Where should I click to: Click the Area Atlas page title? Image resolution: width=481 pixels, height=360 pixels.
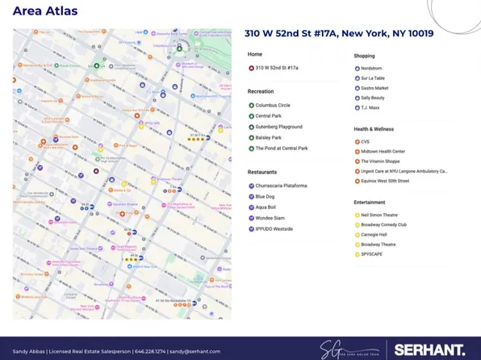coord(45,11)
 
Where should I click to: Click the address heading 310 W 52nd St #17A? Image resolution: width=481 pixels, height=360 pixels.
coord(339,34)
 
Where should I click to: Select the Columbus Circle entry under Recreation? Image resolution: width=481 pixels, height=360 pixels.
coord(273,105)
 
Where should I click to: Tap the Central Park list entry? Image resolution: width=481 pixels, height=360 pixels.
coord(269,116)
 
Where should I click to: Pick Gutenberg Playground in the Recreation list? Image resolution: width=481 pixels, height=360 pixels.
coord(278,127)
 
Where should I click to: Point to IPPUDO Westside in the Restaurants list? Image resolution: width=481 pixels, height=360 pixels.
coord(274,229)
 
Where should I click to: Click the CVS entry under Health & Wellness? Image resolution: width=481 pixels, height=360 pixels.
coord(365,141)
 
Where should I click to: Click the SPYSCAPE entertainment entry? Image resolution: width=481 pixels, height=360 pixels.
coord(373,254)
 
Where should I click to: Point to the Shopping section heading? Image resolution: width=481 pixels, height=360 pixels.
coord(364,56)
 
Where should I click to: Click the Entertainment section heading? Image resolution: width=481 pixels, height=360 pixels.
coord(369,203)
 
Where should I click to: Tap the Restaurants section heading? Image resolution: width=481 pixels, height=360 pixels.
coord(262,172)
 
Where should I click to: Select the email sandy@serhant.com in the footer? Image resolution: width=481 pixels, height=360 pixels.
coord(194,351)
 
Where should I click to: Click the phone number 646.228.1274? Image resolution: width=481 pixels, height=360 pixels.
coord(149,351)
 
